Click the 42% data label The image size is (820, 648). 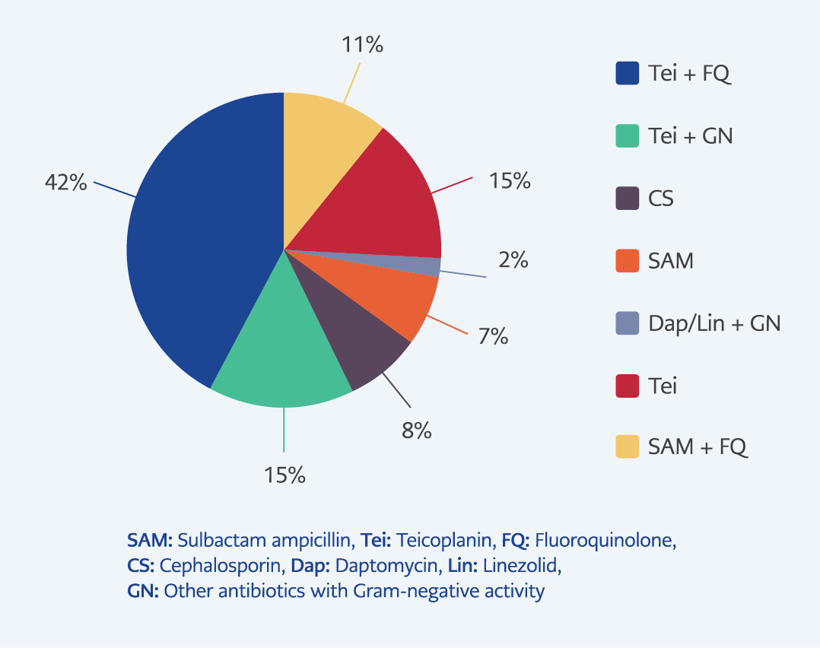(x=66, y=183)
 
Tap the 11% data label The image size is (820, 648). (x=362, y=45)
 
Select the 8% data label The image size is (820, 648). (x=417, y=430)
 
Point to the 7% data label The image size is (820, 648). (x=493, y=336)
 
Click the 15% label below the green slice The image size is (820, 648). (x=284, y=475)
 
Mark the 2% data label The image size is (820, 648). (x=513, y=260)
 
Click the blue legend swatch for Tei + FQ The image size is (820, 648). (x=627, y=73)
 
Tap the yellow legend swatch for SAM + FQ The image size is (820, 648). (x=627, y=446)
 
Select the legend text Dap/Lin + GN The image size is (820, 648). (x=714, y=324)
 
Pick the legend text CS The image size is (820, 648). (x=661, y=199)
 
